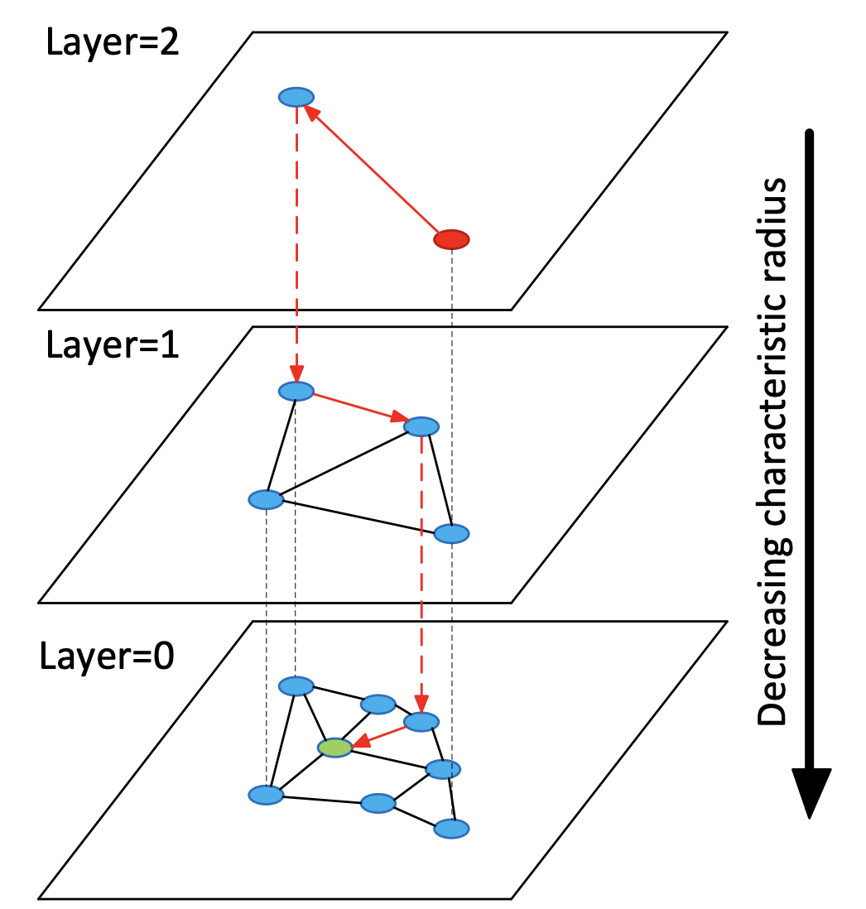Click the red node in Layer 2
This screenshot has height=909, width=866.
(x=451, y=240)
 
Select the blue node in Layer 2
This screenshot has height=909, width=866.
(x=295, y=97)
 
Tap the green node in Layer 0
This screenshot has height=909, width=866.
(x=335, y=748)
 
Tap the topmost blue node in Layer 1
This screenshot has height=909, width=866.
(x=296, y=391)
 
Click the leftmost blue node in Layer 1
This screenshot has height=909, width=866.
(x=266, y=499)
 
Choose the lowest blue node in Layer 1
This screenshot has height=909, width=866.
(x=451, y=533)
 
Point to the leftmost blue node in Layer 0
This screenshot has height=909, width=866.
(x=266, y=795)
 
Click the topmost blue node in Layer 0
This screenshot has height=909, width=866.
(x=296, y=685)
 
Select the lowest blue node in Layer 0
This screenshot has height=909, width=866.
(x=451, y=828)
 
